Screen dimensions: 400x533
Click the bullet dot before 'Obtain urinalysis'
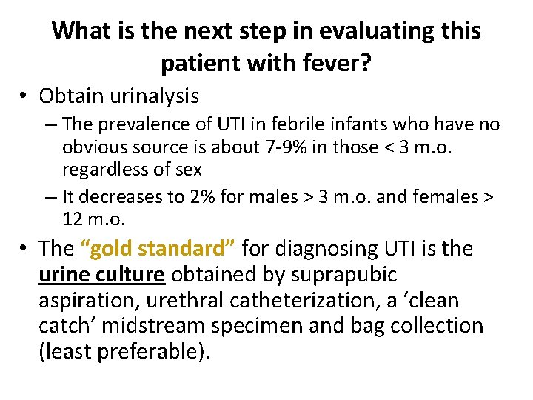(x=25, y=96)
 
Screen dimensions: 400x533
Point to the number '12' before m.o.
(x=73, y=219)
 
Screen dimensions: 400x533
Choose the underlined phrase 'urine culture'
(x=101, y=274)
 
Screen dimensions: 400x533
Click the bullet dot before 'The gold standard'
(x=25, y=249)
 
